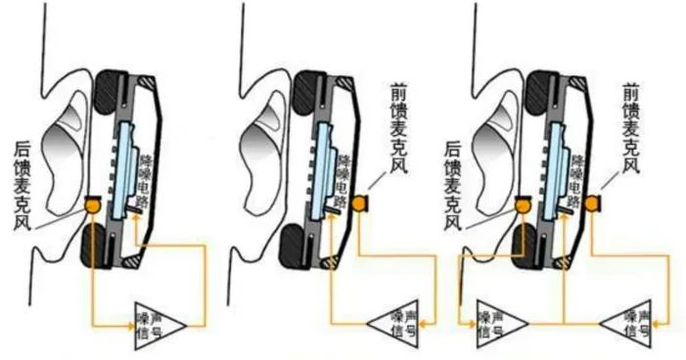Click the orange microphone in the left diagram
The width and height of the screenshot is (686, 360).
[x=94, y=205]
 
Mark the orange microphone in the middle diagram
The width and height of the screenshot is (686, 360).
[x=359, y=202]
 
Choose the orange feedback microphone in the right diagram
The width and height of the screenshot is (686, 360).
[x=523, y=204]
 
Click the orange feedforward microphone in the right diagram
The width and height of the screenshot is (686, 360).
[x=594, y=202]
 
